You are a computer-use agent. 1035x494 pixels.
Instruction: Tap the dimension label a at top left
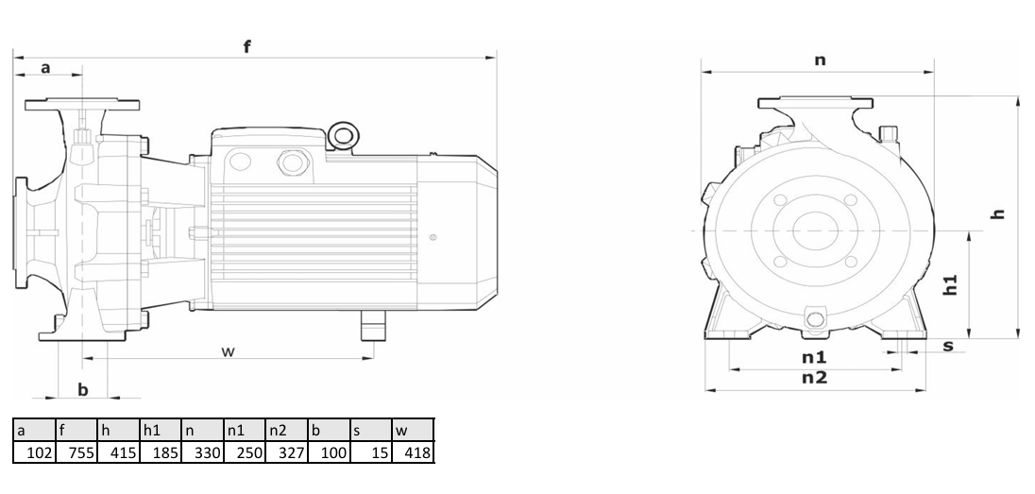[45, 67]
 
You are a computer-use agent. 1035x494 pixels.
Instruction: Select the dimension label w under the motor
[228, 351]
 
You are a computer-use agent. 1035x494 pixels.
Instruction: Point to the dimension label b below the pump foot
[82, 390]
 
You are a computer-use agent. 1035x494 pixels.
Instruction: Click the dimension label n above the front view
[820, 60]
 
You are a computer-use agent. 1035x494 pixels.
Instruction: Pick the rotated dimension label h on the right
[998, 213]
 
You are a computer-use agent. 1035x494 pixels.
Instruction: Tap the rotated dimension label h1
[949, 284]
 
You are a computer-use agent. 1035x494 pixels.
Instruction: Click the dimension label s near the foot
[948, 346]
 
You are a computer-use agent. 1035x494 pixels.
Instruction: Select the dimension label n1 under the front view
[814, 357]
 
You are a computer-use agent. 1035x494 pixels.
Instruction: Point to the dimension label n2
[815, 378]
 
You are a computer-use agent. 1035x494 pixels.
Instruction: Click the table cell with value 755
[76, 453]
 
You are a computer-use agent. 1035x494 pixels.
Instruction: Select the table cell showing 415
[119, 453]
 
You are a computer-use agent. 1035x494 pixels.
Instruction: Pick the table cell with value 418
[414, 453]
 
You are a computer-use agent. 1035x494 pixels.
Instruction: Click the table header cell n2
[287, 431]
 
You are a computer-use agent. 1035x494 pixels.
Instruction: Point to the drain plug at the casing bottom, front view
[816, 319]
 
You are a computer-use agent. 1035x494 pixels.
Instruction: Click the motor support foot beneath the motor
[372, 326]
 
